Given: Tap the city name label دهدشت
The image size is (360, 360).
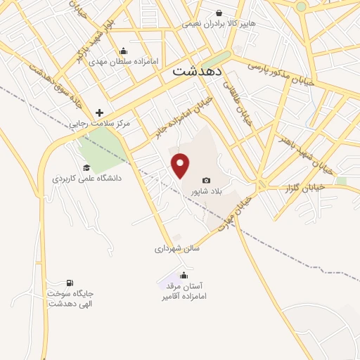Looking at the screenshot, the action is [198, 71].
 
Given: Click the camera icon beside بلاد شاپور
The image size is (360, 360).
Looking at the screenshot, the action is [206, 181].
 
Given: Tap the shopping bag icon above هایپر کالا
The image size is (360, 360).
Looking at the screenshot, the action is [219, 13].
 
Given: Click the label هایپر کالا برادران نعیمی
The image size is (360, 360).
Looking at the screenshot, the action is [219, 24].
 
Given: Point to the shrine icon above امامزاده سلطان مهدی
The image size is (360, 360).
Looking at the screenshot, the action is [124, 51].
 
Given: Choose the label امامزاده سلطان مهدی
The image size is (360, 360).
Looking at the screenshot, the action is [124, 62].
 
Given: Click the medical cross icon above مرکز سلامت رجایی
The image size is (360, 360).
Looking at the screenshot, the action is [99, 112].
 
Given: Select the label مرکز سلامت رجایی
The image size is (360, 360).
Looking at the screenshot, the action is [99, 124].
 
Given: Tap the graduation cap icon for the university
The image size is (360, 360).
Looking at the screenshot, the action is [86, 167].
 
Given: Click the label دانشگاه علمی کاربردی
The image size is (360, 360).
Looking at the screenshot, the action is [86, 179].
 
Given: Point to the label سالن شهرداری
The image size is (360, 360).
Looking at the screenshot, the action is [177, 248].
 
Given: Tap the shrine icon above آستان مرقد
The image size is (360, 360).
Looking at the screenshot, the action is [184, 275].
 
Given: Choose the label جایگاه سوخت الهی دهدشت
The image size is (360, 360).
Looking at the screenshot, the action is [70, 298].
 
